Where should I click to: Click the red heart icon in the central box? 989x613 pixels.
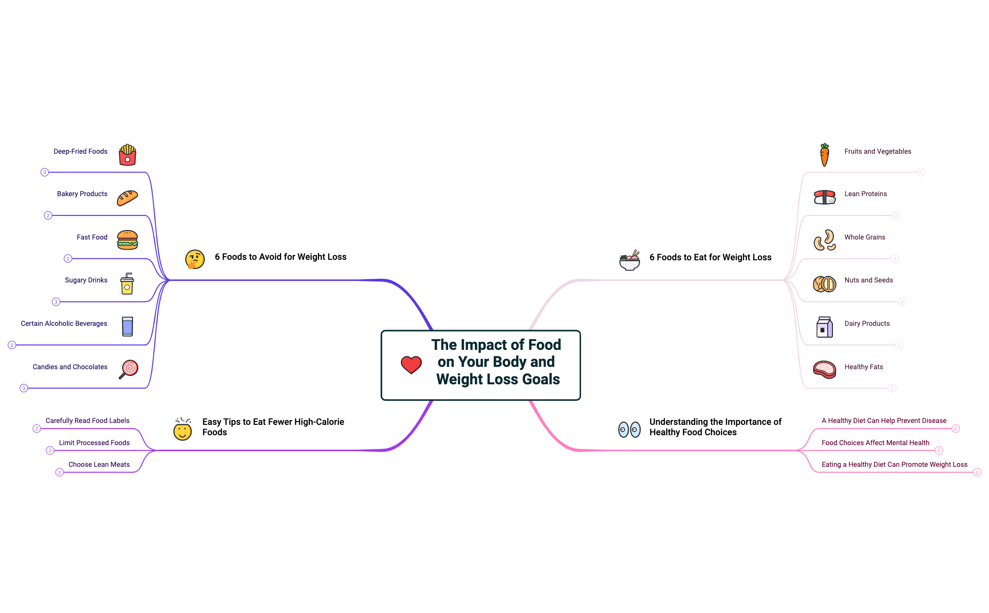point(411,364)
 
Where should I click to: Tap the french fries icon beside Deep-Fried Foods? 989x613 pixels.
point(127,155)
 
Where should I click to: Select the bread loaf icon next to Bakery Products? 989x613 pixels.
point(127,198)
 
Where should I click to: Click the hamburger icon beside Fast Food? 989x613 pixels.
point(127,240)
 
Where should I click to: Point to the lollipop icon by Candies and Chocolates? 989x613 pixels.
point(128,369)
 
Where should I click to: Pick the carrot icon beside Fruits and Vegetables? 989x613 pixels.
point(824,155)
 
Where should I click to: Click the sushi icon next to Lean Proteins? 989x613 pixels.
point(824,197)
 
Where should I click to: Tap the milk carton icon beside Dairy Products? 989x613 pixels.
point(824,327)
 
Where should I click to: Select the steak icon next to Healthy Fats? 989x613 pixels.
point(824,370)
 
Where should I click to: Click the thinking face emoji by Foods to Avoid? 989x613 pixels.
point(195,259)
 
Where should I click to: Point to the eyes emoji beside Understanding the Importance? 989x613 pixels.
point(629,430)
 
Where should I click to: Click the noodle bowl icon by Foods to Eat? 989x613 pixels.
point(629,260)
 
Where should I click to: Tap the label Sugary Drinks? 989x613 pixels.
point(86,280)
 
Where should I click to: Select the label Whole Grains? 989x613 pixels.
point(864,237)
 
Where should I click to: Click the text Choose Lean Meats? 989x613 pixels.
point(99,464)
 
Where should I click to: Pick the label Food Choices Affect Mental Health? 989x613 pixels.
point(875,443)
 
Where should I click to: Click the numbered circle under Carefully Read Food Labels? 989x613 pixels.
point(36,429)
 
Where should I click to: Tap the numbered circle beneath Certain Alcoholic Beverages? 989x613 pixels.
point(12,345)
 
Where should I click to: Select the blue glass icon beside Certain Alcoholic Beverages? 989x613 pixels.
point(127,326)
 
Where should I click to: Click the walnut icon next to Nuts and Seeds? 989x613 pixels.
point(824,284)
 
